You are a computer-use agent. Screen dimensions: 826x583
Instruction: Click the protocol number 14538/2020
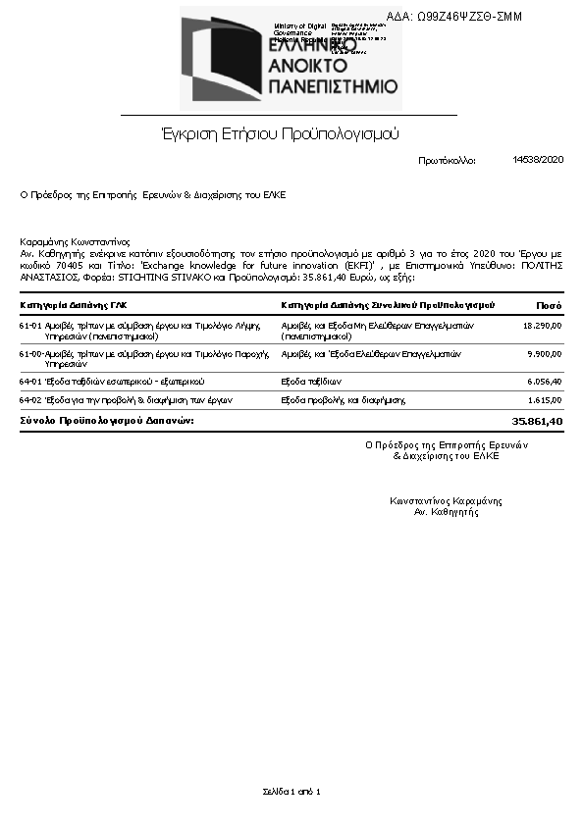pos(539,159)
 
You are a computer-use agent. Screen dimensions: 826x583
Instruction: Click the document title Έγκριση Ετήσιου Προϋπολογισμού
pos(280,133)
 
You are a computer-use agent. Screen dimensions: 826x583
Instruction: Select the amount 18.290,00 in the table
pos(543,325)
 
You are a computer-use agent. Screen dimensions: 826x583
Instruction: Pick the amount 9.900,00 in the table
pos(545,353)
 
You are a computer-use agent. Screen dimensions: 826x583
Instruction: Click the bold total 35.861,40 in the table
pos(539,421)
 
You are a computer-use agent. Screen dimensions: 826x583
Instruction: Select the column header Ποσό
pos(549,305)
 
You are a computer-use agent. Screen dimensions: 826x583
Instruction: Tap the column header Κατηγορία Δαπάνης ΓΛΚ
pos(73,305)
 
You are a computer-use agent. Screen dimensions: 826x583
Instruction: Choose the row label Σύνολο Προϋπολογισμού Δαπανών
pos(107,421)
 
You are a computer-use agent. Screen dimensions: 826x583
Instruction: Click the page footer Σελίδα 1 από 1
pos(291,791)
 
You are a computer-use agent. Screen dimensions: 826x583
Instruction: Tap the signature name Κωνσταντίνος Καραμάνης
pos(446,501)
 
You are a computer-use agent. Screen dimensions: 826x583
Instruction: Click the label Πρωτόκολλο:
pos(447,160)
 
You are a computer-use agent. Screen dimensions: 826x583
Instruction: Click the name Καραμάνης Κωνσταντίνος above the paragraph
pos(75,241)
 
